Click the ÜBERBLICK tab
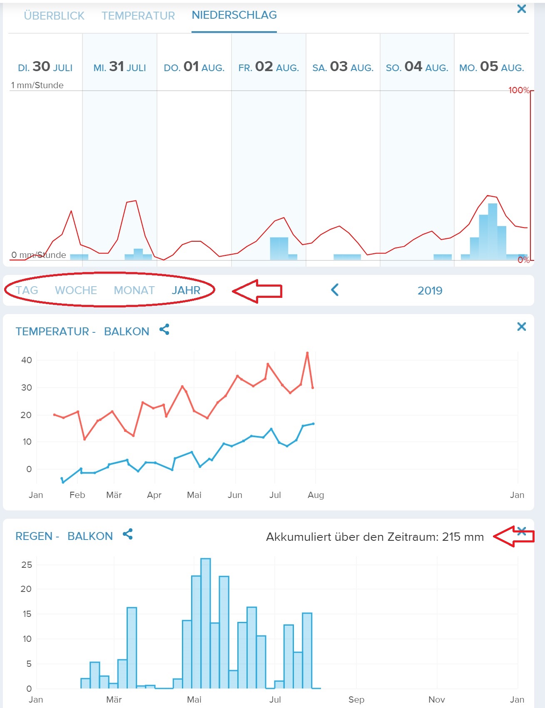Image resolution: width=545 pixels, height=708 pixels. (x=54, y=16)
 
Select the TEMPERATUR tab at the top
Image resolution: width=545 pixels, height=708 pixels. (x=138, y=16)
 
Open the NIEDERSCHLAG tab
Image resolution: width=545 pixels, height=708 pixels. (x=234, y=15)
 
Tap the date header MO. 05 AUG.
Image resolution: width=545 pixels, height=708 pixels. (x=491, y=67)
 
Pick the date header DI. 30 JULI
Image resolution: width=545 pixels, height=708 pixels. (x=45, y=67)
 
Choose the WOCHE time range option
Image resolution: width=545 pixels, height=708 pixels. (x=76, y=290)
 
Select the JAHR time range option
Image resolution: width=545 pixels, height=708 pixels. (x=186, y=290)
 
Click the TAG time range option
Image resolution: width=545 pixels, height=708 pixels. (x=27, y=290)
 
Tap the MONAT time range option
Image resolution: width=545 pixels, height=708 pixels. (x=134, y=290)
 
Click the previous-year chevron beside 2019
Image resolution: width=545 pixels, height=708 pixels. (x=335, y=290)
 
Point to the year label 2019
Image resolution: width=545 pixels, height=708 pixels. (x=430, y=291)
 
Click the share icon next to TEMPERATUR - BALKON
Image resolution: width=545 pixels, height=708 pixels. (x=164, y=330)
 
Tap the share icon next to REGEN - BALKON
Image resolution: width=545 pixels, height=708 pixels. (x=128, y=534)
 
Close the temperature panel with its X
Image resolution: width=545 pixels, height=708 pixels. (x=521, y=327)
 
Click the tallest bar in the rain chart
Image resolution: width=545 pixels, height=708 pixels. (x=206, y=624)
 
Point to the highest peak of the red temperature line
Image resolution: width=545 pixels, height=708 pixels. (x=307, y=353)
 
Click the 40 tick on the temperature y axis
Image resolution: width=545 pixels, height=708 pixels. (x=27, y=360)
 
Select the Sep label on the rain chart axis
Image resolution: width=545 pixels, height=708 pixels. (x=356, y=700)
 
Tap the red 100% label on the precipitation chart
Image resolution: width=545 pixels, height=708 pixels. (x=518, y=90)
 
